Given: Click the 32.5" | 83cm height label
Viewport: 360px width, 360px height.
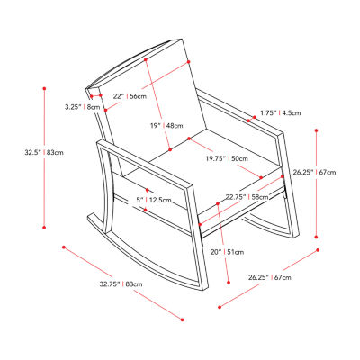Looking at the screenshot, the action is point(44,152).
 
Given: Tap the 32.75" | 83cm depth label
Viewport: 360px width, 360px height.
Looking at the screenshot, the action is point(121,283).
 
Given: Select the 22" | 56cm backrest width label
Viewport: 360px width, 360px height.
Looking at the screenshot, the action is point(130,96).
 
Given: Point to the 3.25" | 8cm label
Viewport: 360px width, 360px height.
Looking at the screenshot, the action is point(83,107).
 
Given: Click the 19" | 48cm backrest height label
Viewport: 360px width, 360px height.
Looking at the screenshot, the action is point(166,126).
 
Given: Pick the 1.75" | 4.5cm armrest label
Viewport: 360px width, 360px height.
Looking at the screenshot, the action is point(281,113).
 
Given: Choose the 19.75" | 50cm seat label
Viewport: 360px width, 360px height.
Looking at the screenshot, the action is point(227,158).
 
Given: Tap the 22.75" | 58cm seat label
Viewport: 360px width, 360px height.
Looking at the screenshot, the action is point(247,197).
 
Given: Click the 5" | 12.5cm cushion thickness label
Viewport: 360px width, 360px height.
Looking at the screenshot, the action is point(154,200).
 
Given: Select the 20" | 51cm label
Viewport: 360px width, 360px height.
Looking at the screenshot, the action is point(227,252).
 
